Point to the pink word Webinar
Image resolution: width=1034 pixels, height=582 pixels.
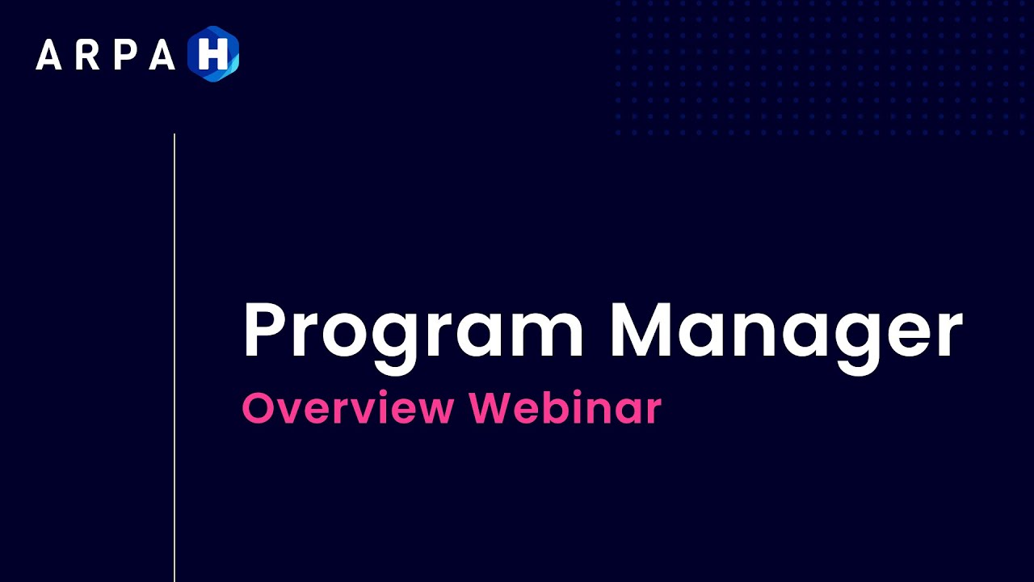(565, 408)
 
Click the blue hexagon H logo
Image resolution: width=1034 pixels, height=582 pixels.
(213, 54)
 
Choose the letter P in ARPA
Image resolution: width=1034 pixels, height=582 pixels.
(122, 55)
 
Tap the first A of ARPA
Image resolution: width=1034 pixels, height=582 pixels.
(48, 55)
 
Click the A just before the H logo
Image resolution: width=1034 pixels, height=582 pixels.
(162, 55)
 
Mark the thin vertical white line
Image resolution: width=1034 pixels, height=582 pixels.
(174, 356)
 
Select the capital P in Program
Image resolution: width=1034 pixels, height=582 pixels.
(264, 330)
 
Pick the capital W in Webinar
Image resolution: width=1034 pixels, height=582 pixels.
(490, 408)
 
